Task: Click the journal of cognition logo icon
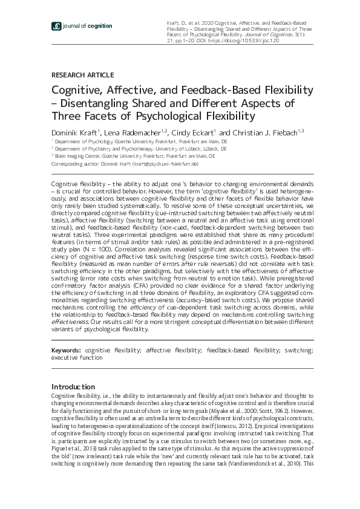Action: tap(56, 26)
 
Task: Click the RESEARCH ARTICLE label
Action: tap(82, 75)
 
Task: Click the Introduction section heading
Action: tap(73, 386)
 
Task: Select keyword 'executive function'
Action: tap(77, 357)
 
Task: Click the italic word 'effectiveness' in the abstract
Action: tap(70, 322)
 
